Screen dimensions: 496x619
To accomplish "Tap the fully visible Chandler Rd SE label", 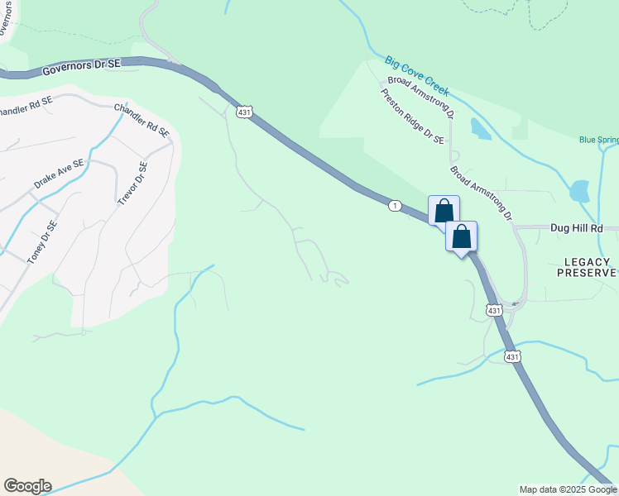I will pyautogui.click(x=142, y=121).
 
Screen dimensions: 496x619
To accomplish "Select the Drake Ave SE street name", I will pyautogui.click(x=60, y=175).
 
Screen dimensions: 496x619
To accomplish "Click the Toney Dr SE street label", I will pyautogui.click(x=42, y=242).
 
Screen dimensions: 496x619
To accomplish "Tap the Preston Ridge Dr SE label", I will pyautogui.click(x=412, y=117).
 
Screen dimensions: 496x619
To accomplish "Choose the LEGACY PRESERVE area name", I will pyautogui.click(x=590, y=267).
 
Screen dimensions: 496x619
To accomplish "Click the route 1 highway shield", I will pyautogui.click(x=396, y=205).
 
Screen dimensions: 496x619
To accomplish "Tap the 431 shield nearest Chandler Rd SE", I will pyautogui.click(x=244, y=112).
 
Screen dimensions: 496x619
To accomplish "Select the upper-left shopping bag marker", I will pyautogui.click(x=444, y=209).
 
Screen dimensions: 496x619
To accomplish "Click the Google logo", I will pyautogui.click(x=27, y=486).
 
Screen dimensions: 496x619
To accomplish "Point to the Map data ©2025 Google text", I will pyautogui.click(x=569, y=489).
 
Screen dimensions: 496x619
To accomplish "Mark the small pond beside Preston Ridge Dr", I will pyautogui.click(x=479, y=128).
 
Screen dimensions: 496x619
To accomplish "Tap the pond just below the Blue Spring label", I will pyautogui.click(x=579, y=191).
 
